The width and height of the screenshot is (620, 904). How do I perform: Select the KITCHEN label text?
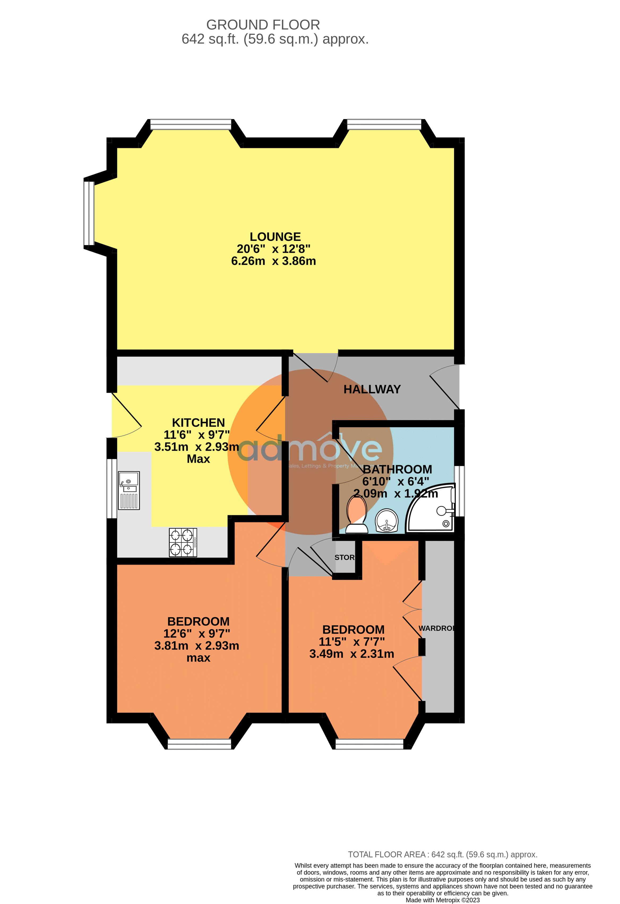tap(198, 423)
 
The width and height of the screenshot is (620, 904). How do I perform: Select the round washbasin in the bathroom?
tap(386, 521)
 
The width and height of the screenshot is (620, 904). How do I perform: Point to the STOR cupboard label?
tap(345, 557)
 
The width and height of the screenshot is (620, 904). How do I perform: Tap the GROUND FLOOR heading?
tap(263, 25)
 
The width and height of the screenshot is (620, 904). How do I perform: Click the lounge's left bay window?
tap(89, 213)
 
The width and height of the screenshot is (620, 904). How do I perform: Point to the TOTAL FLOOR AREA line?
tap(442, 854)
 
